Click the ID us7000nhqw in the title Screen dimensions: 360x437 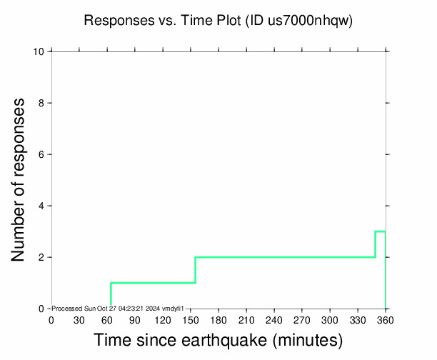300,21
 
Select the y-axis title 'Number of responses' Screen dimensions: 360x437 21,180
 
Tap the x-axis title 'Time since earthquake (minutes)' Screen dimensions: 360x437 218,340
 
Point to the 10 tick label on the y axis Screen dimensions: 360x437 40,51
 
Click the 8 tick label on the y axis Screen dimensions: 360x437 42,103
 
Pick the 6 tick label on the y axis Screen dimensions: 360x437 42,154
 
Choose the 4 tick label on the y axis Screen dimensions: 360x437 42,206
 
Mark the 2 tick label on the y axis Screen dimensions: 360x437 42,257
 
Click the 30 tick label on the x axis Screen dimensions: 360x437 79,319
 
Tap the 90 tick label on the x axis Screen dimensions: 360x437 134,319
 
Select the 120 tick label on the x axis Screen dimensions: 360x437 162,319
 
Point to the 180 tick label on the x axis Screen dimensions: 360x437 218,319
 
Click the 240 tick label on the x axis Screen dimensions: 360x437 273,319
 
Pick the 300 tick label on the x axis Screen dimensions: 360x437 329,319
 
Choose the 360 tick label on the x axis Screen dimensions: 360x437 385,319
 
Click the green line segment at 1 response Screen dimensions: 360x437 153,283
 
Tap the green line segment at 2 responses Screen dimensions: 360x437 286,257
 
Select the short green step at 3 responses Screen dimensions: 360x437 381,231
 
